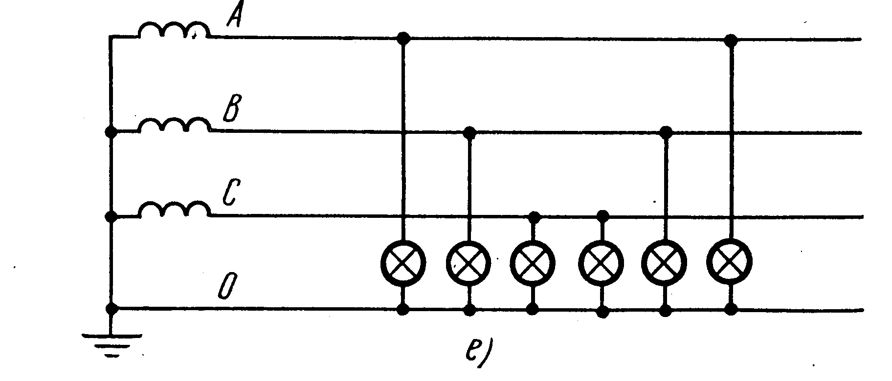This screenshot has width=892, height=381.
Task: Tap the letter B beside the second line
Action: click(x=230, y=111)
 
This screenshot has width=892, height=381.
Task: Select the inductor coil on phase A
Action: click(x=174, y=30)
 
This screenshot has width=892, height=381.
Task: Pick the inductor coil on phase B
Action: click(x=174, y=125)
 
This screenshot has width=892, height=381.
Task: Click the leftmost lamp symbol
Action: click(x=403, y=262)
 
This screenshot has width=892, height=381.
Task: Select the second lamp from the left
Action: click(x=469, y=263)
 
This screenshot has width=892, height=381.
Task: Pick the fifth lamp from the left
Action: click(x=665, y=263)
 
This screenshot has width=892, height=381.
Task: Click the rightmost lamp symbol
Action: click(x=730, y=262)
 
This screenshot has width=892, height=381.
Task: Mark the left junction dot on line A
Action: click(x=403, y=38)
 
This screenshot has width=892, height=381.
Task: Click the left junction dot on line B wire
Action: click(x=469, y=132)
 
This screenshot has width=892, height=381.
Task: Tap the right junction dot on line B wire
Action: click(x=666, y=132)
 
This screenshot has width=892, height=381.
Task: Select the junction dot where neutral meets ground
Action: click(x=112, y=309)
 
